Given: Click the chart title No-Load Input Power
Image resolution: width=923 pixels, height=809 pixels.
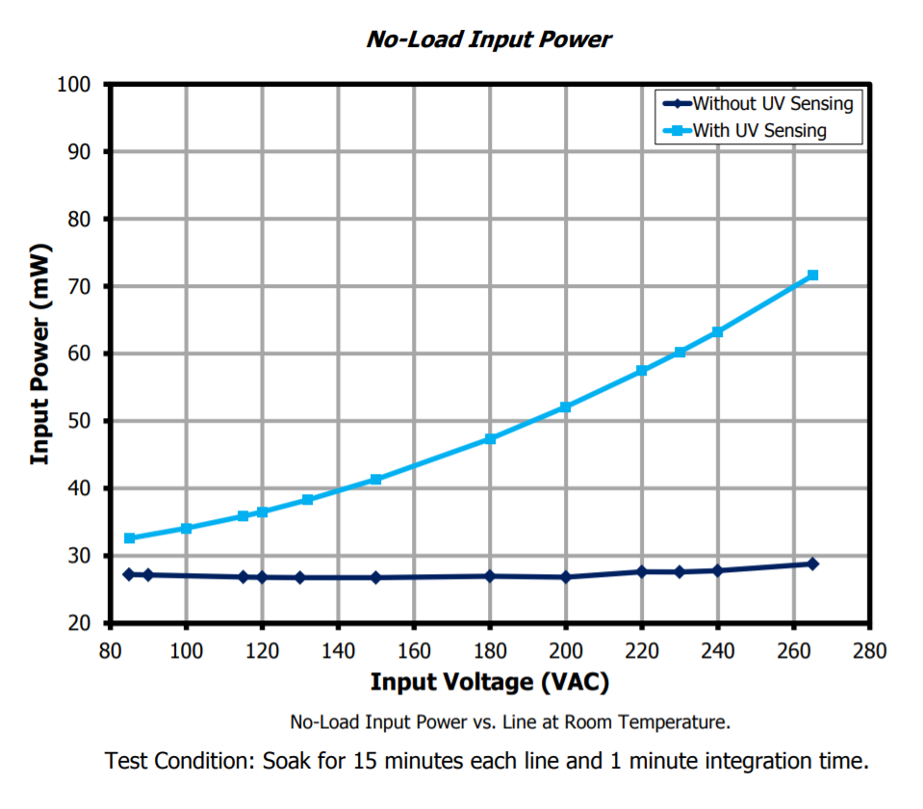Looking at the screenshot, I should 489,39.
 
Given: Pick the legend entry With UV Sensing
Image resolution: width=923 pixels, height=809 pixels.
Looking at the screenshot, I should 759,130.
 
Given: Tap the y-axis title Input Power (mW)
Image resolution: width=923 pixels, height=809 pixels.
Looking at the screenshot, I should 39,354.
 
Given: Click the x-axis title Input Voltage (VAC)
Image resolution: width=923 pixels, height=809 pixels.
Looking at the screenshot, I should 490,683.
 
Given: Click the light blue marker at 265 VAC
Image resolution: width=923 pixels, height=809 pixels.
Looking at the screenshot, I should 812,275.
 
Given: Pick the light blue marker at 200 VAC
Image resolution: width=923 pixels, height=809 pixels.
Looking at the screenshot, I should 566,407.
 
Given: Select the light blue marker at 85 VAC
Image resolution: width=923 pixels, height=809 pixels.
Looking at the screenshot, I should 130,538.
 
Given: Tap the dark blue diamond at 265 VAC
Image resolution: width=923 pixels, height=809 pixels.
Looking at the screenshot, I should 812,563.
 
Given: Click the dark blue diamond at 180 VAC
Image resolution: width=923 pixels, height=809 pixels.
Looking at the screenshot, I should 490,576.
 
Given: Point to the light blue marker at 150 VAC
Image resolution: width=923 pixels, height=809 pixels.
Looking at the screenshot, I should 376,479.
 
